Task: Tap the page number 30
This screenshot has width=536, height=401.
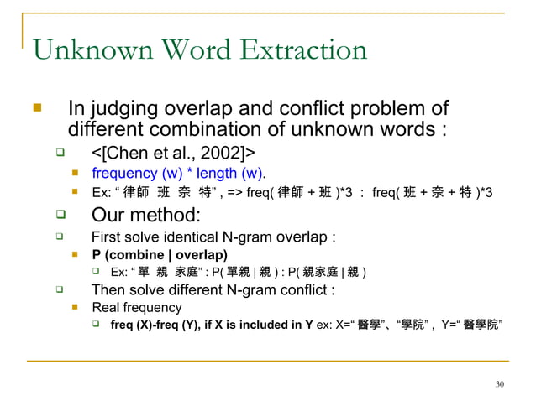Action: click(x=500, y=384)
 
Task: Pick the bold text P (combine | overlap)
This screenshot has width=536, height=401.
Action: click(x=159, y=253)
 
